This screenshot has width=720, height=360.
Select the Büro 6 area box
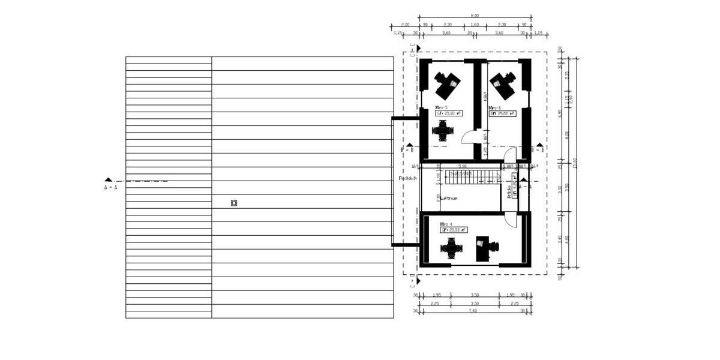point(503,113)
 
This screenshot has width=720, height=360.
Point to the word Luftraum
point(449,197)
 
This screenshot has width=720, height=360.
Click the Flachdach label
point(408,178)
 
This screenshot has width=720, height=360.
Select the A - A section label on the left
point(110,187)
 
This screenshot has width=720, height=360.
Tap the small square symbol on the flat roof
point(234,203)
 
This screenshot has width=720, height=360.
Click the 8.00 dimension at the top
point(475,15)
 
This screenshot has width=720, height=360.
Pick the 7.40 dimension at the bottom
point(475,310)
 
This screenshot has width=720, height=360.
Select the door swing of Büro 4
point(511,220)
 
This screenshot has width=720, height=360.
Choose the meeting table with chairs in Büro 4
point(451,248)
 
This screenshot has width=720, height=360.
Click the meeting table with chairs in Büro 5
point(443,130)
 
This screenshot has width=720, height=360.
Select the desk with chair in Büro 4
point(485,247)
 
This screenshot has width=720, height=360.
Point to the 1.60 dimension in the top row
point(475,25)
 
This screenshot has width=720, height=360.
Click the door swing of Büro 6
point(510,154)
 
